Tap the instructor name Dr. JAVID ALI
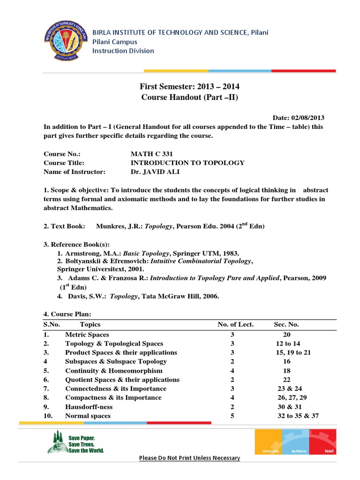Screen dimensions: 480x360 point(154,172)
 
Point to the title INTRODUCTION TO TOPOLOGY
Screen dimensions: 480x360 point(187,163)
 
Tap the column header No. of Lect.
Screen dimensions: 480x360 point(236,324)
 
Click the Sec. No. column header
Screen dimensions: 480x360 point(286,324)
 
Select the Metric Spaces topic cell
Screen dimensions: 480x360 point(87,335)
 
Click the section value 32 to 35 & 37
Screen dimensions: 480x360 point(298,416)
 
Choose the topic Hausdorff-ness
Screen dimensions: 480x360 point(89,407)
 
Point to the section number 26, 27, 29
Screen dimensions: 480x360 point(292,397)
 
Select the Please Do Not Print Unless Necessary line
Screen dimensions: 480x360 point(189,458)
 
